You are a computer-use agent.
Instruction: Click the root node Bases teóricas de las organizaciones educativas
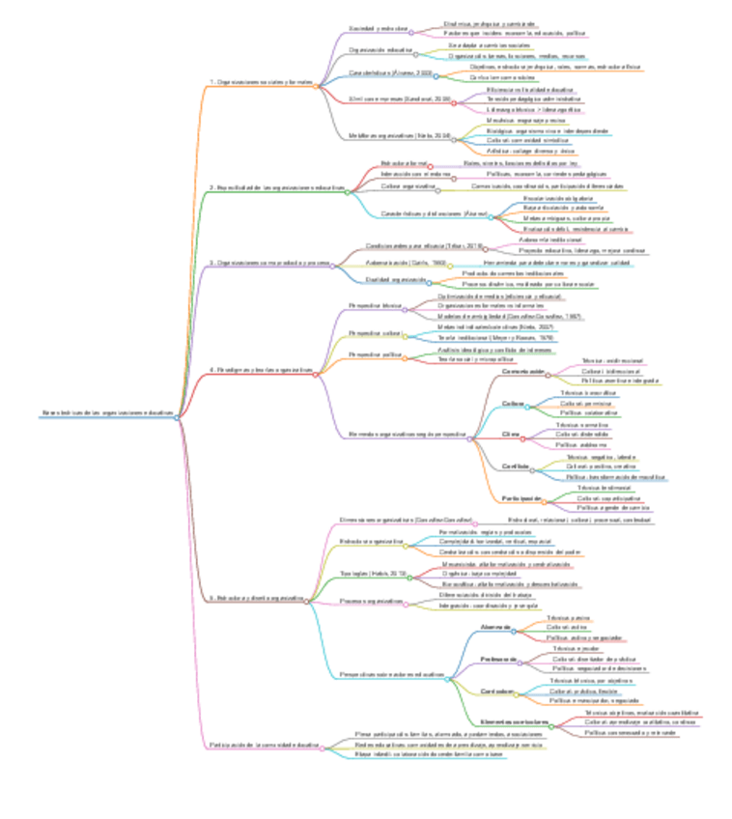108,412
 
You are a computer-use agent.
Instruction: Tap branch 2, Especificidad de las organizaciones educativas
277,186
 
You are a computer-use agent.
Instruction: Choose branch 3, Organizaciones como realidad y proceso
269,263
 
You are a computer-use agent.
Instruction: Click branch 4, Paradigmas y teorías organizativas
262,370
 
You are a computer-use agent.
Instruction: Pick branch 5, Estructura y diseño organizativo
257,598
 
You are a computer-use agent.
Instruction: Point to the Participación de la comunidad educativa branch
263,746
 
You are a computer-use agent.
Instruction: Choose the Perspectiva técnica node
375,305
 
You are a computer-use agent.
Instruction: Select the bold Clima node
511,435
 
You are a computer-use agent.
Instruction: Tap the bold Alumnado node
494,628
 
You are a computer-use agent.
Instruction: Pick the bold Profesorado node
499,659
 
